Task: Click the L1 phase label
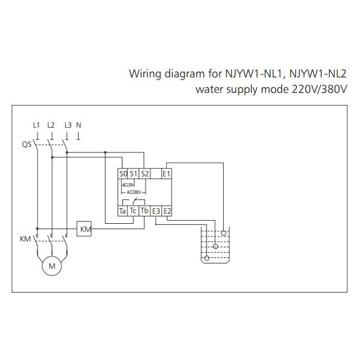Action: click(x=37, y=125)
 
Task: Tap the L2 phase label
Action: click(x=51, y=125)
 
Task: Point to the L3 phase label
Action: click(x=68, y=125)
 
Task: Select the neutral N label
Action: click(x=79, y=125)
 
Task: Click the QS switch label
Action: click(x=26, y=145)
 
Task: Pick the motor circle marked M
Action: click(x=52, y=265)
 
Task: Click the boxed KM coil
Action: click(x=85, y=229)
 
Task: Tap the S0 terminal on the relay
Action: click(x=124, y=174)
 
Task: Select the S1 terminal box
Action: click(x=134, y=174)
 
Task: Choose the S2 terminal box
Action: click(x=145, y=174)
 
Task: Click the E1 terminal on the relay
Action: click(x=167, y=174)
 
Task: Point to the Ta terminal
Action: click(x=123, y=211)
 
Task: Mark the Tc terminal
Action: click(x=134, y=211)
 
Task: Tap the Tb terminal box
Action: click(x=145, y=211)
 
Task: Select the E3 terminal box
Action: click(x=156, y=211)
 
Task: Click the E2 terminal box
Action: click(x=167, y=211)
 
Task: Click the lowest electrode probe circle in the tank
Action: click(x=207, y=258)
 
